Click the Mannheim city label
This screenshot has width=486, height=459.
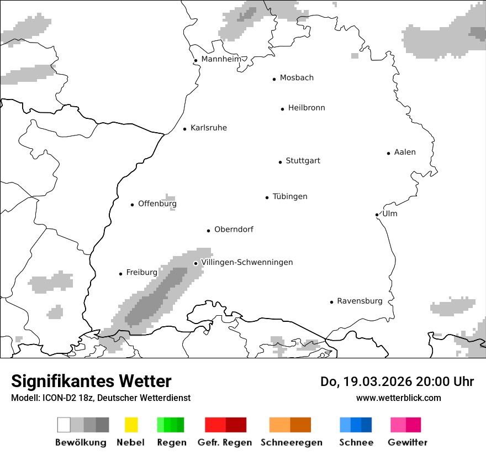click(221, 59)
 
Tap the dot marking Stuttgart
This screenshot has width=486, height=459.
click(280, 162)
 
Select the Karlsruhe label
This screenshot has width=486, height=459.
click(209, 128)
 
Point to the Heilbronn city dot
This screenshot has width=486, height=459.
click(282, 109)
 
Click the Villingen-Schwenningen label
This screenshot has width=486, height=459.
click(247, 262)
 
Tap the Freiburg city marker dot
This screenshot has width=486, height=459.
click(120, 274)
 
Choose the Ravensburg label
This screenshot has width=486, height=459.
click(360, 301)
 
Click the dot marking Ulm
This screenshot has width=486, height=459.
click(377, 215)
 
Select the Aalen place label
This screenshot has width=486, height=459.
click(405, 152)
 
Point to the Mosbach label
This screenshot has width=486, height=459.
click(297, 78)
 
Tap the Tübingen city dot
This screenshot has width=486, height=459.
click(267, 197)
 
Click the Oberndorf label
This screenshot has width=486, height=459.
click(234, 229)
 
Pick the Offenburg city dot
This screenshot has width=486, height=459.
click(132, 205)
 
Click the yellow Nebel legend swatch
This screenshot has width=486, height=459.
click(131, 425)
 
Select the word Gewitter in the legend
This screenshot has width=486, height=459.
click(408, 442)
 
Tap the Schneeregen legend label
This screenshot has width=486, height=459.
click(291, 442)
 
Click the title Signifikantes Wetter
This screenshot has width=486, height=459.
click(91, 381)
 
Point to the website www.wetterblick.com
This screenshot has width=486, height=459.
click(399, 398)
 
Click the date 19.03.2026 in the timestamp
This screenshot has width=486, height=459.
click(376, 382)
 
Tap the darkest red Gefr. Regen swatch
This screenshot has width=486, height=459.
click(236, 425)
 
